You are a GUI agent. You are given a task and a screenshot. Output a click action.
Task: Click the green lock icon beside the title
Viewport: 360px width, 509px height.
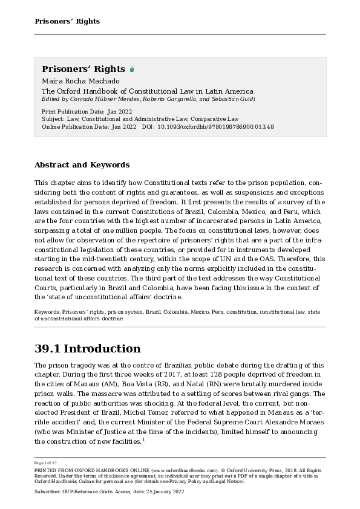132,70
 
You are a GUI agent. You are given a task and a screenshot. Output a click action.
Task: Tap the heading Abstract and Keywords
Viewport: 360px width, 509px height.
82,164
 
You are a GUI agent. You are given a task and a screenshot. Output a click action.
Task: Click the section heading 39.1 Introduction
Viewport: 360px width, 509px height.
87,349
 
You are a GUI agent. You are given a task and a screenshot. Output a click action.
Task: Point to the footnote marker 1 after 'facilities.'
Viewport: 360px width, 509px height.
143,439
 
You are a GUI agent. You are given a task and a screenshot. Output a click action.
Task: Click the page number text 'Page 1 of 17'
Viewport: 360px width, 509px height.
46,462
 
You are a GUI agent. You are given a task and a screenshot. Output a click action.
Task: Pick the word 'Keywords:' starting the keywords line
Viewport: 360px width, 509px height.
47,312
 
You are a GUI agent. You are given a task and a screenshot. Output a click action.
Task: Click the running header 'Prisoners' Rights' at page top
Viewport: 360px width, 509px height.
67,21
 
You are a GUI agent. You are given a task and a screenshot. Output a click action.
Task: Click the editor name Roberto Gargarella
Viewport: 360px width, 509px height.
151,99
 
